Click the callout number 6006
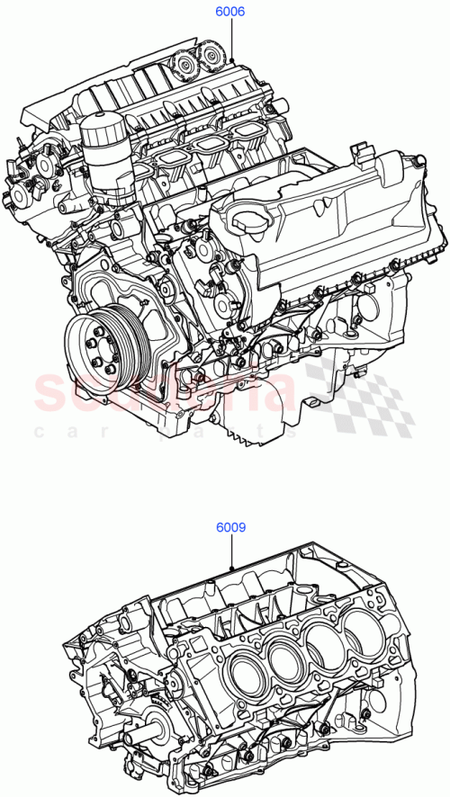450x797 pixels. point(229,13)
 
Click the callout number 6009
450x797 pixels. point(230,529)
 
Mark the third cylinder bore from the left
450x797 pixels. point(319,647)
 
